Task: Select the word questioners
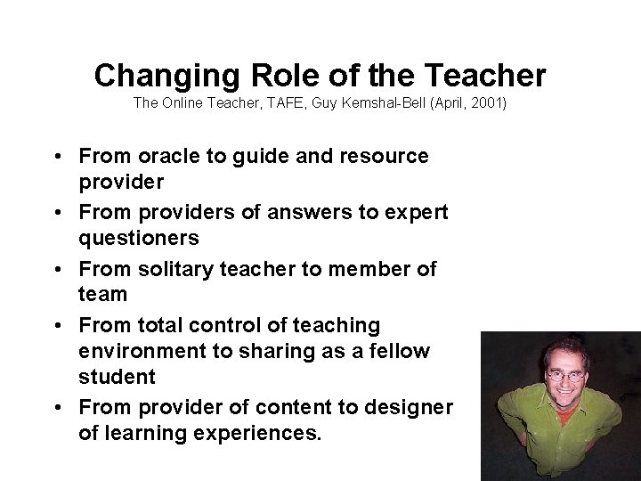tap(138, 238)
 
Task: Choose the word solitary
tap(175, 269)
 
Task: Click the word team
tap(103, 294)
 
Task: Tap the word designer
tap(410, 408)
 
